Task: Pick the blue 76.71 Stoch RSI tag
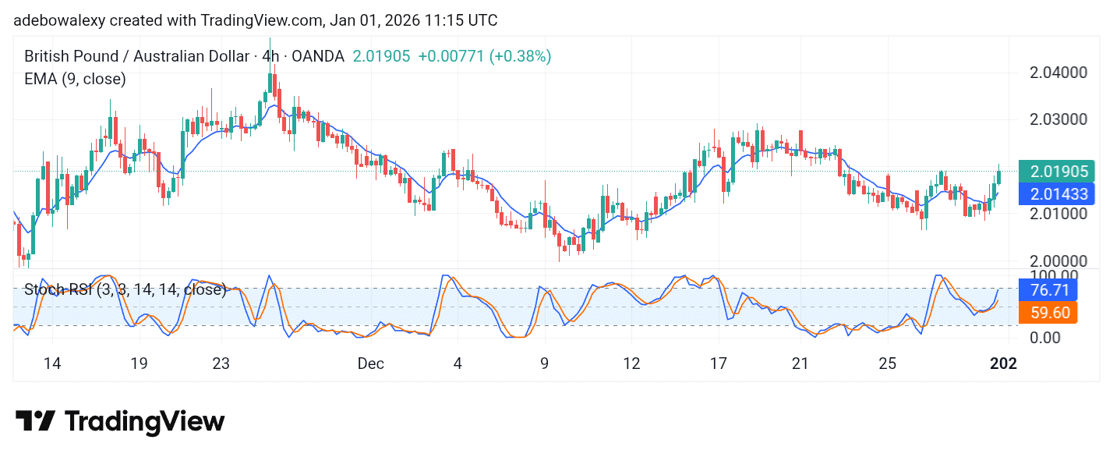point(1048,290)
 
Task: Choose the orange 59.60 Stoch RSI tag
point(1048,313)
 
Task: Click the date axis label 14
point(51,363)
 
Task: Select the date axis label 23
point(221,363)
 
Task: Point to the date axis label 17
point(718,363)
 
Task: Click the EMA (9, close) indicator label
point(75,79)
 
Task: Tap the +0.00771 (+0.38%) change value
point(484,56)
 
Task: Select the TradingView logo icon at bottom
point(35,421)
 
